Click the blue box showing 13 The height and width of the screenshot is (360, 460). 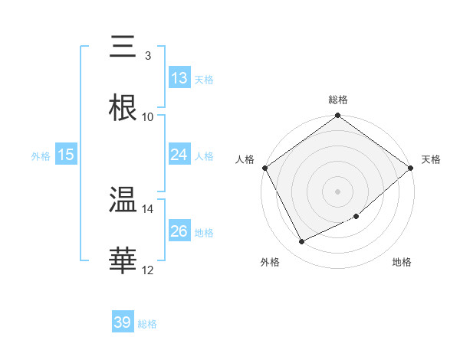click(x=179, y=78)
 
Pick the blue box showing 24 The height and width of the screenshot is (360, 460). click(x=179, y=155)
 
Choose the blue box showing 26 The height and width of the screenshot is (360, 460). click(x=179, y=231)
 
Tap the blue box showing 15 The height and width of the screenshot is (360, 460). click(x=66, y=155)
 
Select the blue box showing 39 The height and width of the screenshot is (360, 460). click(x=123, y=322)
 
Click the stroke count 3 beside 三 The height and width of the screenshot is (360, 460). click(x=147, y=55)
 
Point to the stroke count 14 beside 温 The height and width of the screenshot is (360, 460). click(x=148, y=208)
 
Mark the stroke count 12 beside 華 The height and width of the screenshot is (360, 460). click(x=148, y=270)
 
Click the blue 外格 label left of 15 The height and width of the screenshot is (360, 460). click(x=40, y=155)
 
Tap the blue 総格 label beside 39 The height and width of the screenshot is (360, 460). click(x=147, y=324)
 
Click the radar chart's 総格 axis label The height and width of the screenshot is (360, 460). click(x=338, y=100)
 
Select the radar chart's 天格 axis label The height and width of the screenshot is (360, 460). click(x=432, y=159)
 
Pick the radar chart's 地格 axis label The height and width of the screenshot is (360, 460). click(x=402, y=263)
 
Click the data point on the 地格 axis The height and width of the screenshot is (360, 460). click(x=356, y=217)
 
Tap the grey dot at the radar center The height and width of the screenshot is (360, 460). click(x=337, y=191)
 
